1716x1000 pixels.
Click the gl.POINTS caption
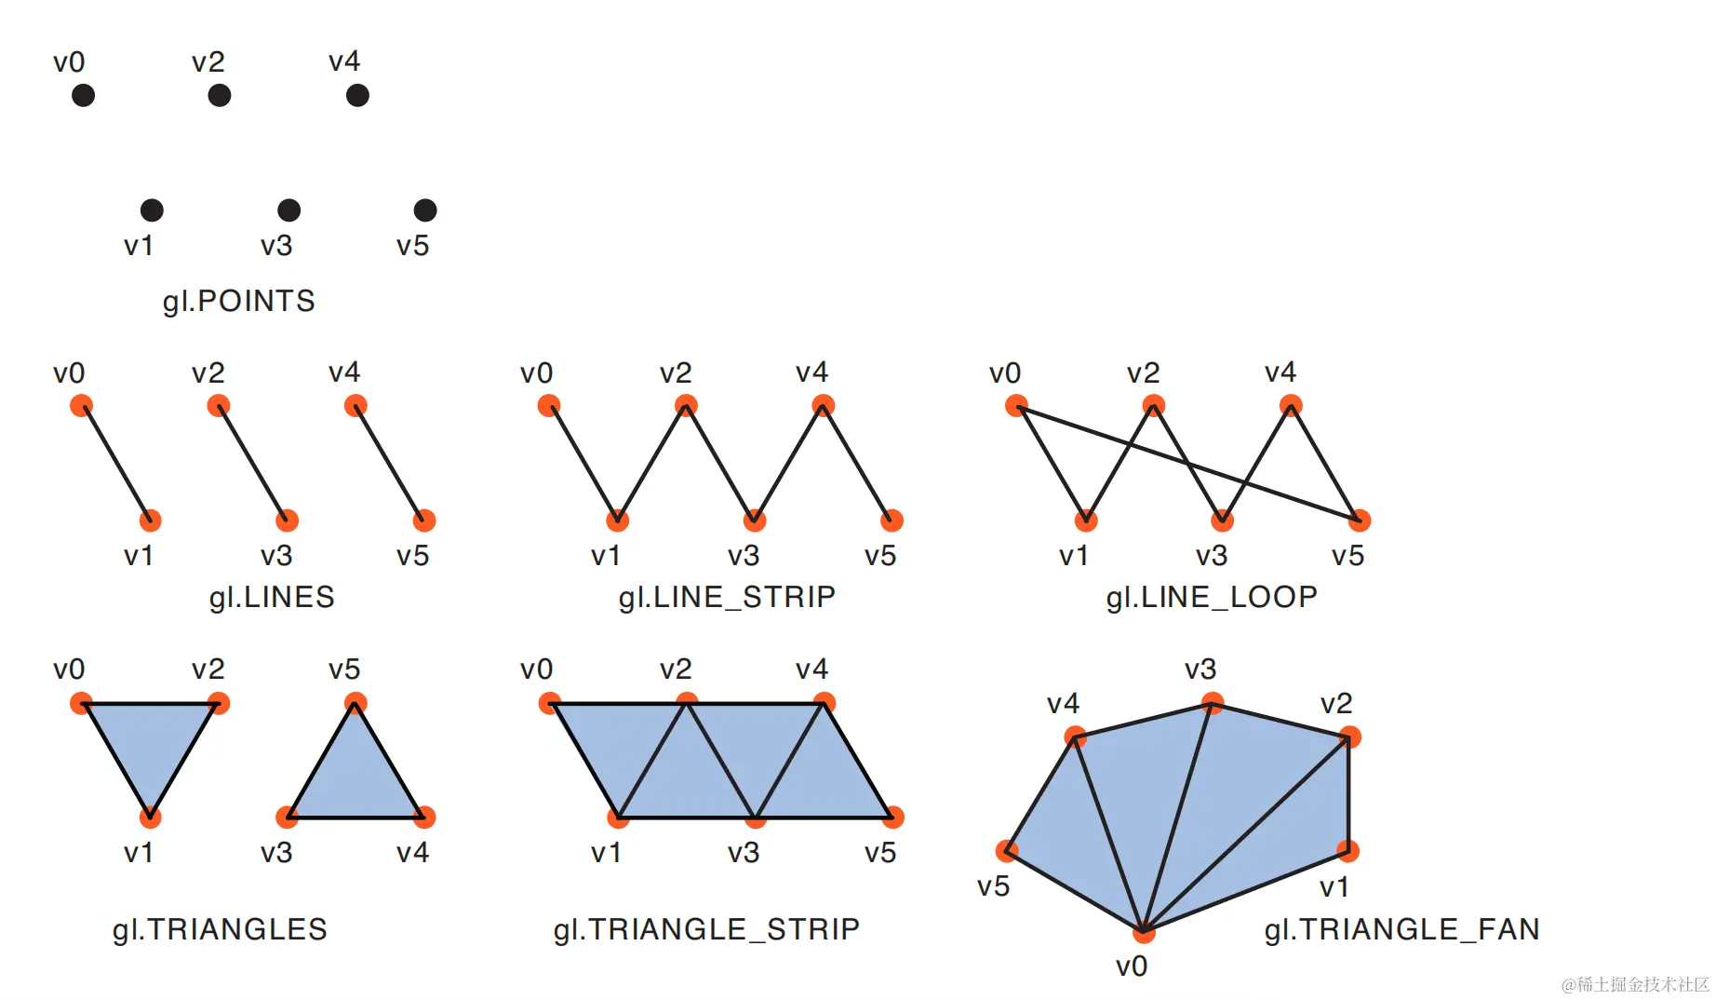click(239, 301)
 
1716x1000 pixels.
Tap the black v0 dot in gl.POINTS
click(84, 95)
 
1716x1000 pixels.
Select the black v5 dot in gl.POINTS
click(425, 210)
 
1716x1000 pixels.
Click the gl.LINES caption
click(272, 597)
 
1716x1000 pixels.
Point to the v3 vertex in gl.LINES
click(288, 520)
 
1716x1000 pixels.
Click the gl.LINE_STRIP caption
click(727, 597)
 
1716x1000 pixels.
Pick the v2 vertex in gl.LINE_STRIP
click(686, 405)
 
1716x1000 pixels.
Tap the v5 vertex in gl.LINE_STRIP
click(892, 520)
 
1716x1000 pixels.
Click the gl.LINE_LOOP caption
click(1212, 597)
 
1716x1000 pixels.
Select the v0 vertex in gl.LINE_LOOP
click(1016, 405)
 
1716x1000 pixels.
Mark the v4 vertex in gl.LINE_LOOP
click(1291, 405)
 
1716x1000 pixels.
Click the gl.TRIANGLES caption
click(220, 929)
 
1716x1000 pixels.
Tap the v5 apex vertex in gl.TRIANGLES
click(355, 703)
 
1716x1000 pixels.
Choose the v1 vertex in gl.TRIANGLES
click(150, 818)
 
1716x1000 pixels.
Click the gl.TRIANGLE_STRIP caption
click(706, 929)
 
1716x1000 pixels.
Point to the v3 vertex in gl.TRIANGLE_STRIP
click(755, 818)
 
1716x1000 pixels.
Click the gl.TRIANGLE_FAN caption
click(1401, 929)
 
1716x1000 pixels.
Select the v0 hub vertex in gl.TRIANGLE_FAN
click(1144, 931)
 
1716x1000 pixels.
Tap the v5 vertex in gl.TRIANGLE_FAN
click(1007, 850)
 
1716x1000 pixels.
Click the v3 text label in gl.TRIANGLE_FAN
click(1200, 669)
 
